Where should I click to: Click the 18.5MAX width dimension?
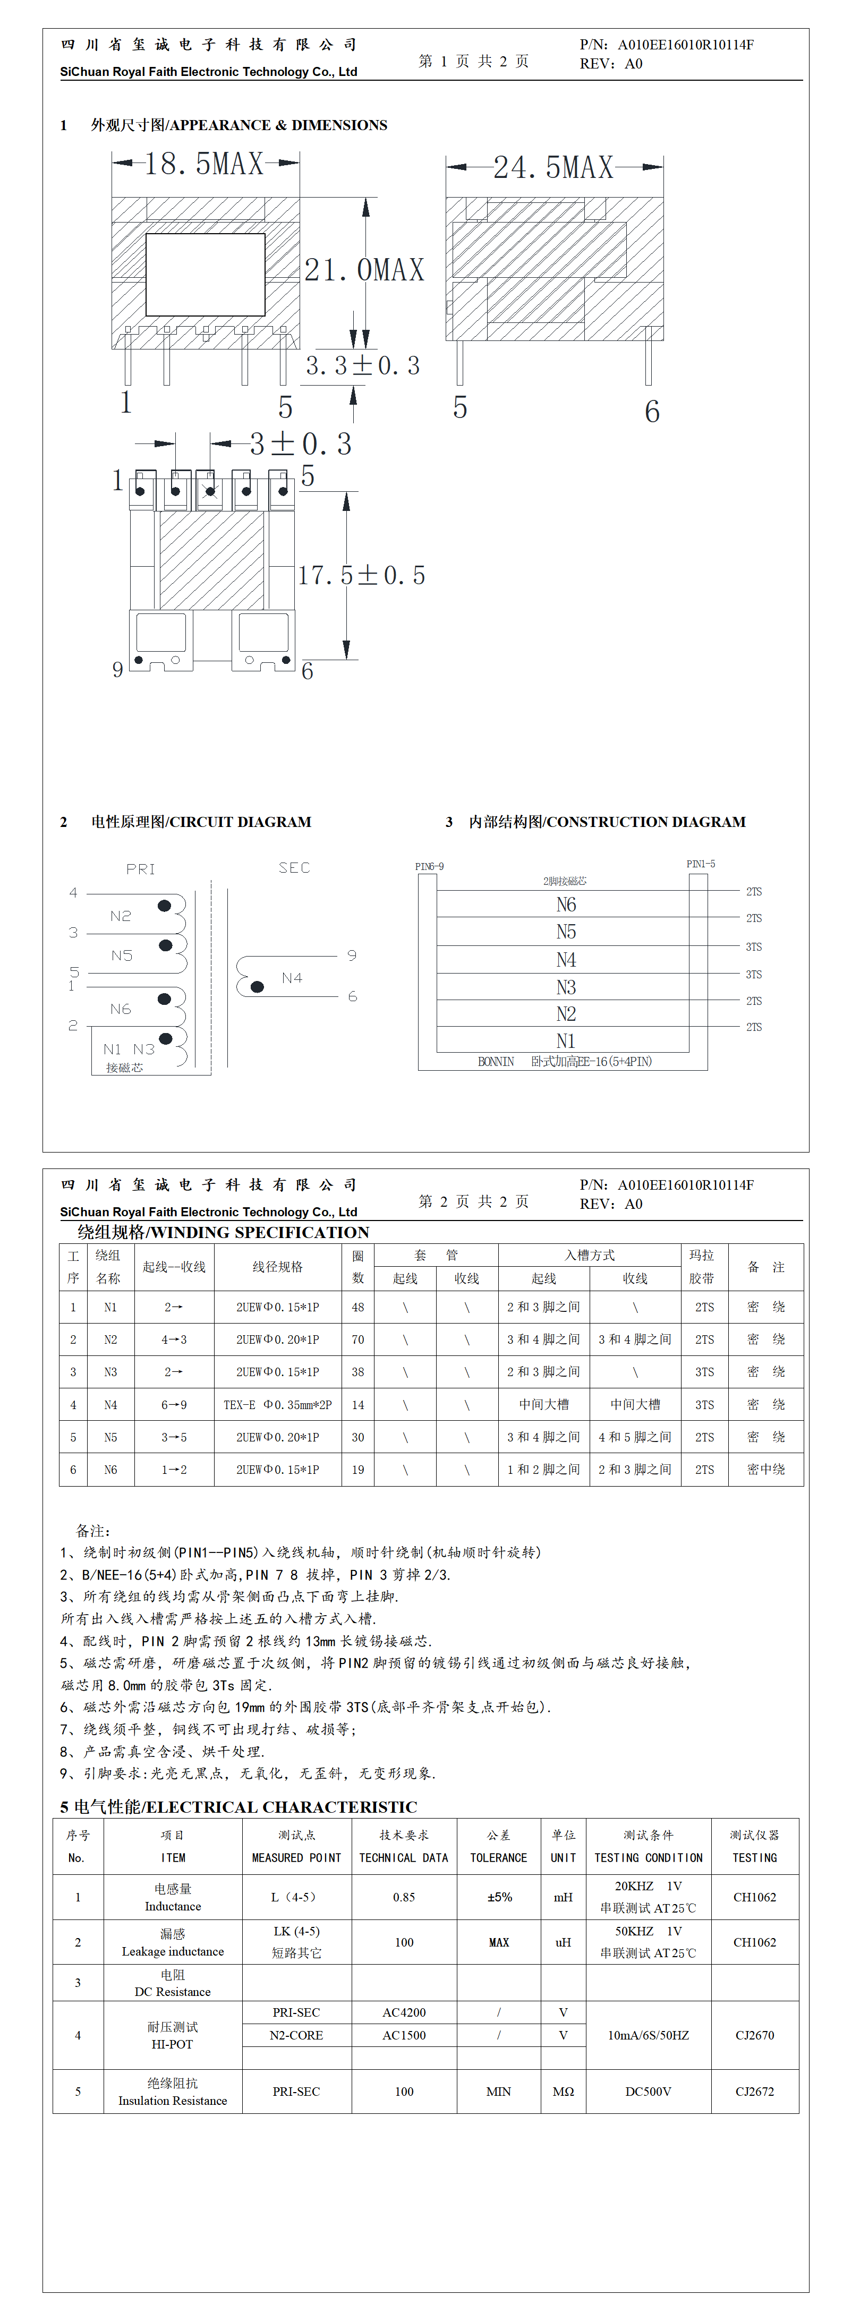[204, 164]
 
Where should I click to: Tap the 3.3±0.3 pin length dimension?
[362, 366]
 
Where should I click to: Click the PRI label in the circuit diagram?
[141, 868]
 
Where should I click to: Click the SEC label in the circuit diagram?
[294, 868]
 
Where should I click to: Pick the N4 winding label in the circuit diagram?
[291, 978]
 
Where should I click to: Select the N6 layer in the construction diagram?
[565, 904]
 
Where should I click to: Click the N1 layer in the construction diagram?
[565, 1040]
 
